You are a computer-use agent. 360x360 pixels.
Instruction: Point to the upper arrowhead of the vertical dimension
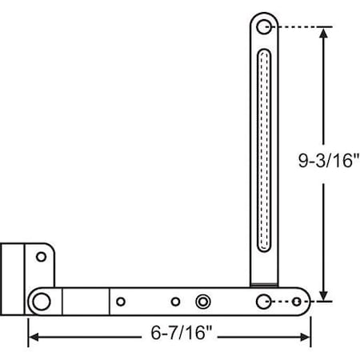[323, 33]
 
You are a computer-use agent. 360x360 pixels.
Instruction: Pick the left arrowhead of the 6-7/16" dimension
[34, 337]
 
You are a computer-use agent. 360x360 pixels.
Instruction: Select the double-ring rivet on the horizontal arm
[203, 302]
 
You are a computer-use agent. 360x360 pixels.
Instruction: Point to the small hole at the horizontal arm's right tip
[298, 302]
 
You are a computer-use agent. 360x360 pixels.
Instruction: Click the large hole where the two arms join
[264, 302]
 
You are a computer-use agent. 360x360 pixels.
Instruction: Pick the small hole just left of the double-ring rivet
[176, 302]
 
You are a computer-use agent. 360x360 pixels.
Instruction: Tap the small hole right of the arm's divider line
[121, 302]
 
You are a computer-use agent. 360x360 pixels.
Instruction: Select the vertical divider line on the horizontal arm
[108, 302]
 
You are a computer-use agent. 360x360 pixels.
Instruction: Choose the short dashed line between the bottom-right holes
[282, 302]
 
